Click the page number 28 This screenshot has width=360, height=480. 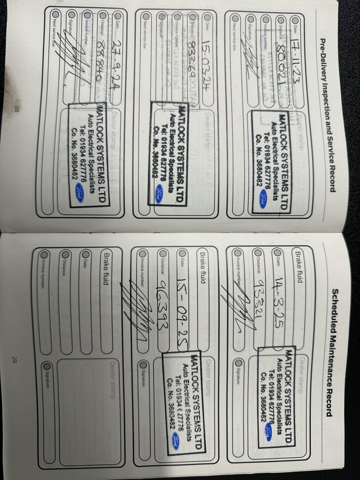coord(17,109)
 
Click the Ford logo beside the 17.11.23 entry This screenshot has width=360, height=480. coord(262,199)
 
